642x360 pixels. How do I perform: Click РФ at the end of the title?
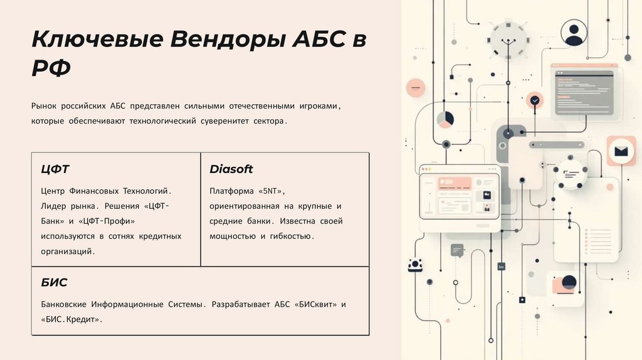[x=51, y=67]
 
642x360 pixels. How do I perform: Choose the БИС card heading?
[x=54, y=282]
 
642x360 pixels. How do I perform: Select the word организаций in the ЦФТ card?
[x=68, y=251]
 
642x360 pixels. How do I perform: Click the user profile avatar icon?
[x=574, y=33]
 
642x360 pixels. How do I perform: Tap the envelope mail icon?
[x=621, y=151]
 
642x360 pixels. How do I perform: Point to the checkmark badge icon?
[x=535, y=100]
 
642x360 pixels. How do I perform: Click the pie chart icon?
[x=445, y=119]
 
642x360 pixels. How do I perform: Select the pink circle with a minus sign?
[x=415, y=87]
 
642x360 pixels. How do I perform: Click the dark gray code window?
[x=584, y=93]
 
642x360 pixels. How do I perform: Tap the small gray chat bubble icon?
[x=457, y=250]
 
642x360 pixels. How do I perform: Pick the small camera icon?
[x=414, y=265]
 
